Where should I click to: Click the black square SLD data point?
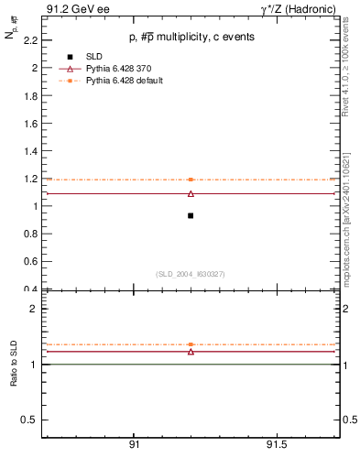tap(191, 215)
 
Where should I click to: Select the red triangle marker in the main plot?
tap(191, 193)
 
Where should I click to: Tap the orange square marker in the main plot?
tap(191, 180)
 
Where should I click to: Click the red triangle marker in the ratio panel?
tap(191, 351)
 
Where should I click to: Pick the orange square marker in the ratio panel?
tap(191, 344)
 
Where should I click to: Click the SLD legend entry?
tap(95, 57)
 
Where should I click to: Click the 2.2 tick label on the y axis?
tap(30, 40)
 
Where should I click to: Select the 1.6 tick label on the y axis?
tap(30, 124)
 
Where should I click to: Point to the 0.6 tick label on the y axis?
tap(30, 262)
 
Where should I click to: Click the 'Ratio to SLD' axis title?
tap(14, 364)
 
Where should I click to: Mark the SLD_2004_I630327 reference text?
tap(191, 274)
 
